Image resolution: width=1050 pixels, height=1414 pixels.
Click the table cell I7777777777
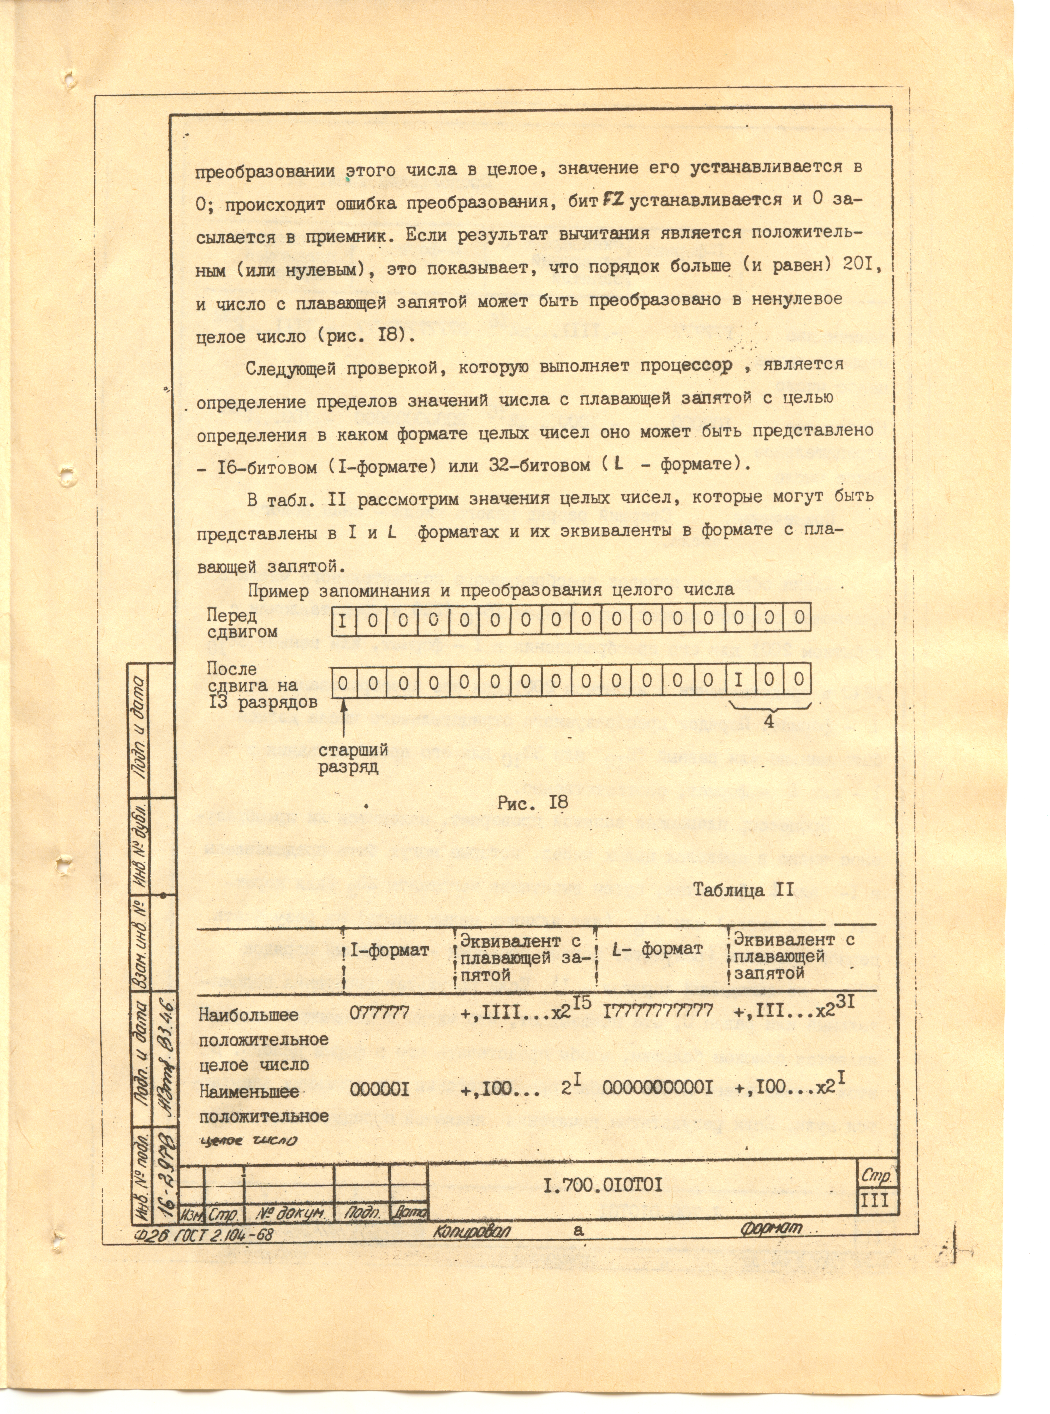[658, 1010]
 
